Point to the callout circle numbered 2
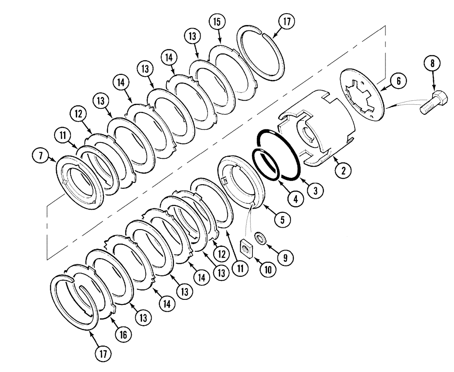(343, 171)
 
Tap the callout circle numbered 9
(286, 257)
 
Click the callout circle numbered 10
(267, 269)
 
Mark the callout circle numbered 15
(217, 22)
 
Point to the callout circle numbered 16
(123, 334)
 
